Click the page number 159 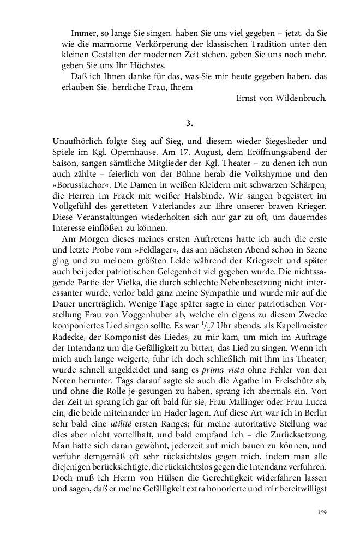coord(321,512)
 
